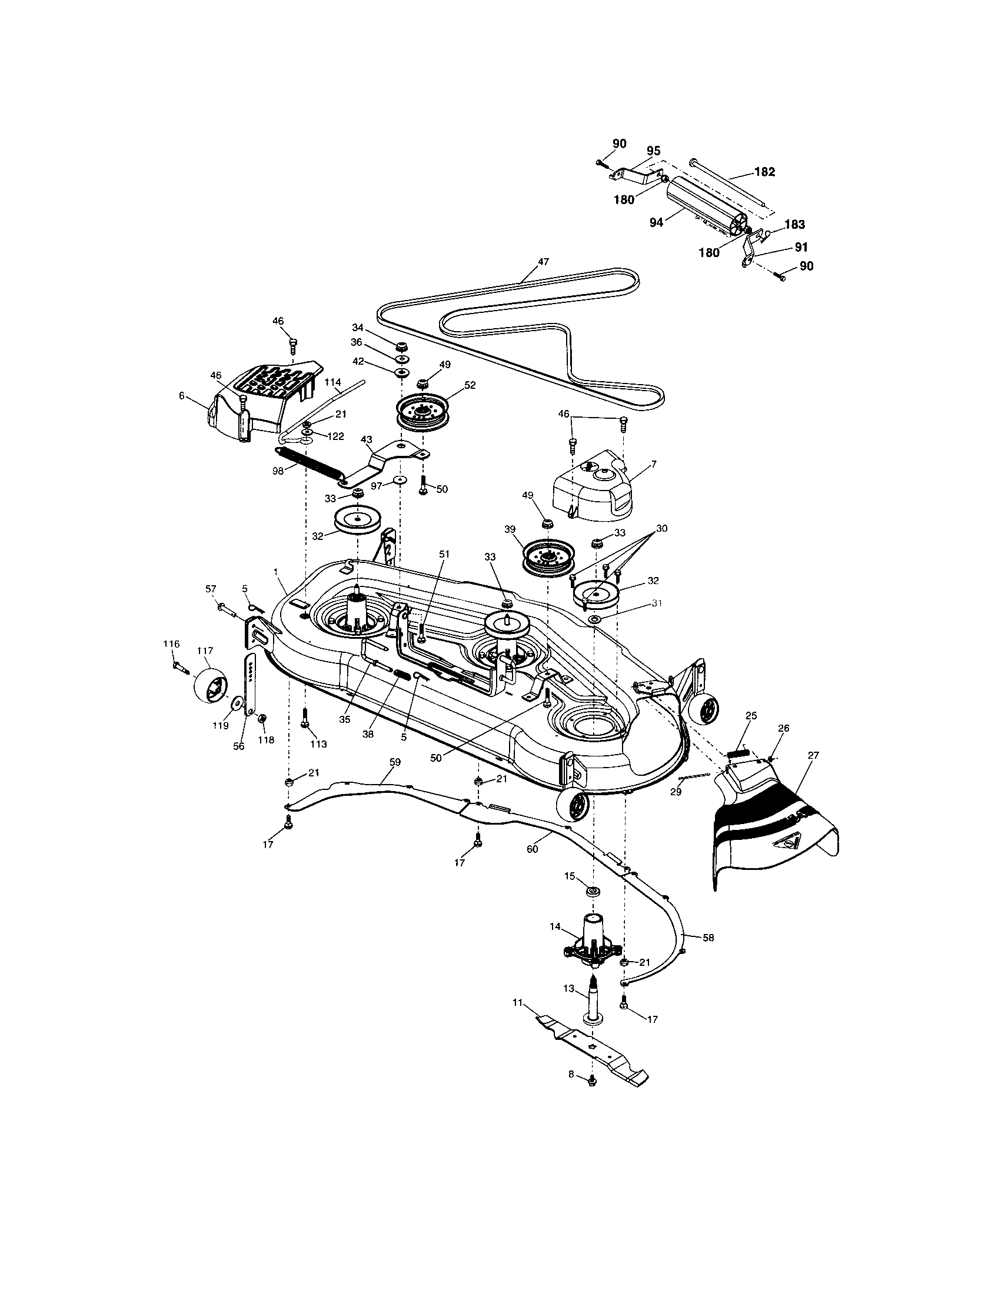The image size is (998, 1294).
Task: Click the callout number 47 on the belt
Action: coord(544,261)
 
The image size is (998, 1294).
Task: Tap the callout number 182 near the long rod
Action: coord(764,172)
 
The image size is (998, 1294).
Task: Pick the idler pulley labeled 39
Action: coord(547,556)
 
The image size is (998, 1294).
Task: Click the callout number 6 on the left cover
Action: coord(181,395)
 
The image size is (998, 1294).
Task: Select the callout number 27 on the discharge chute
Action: coord(813,755)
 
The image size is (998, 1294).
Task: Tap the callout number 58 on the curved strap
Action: coord(708,938)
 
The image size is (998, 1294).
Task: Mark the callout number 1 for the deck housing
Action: coord(275,571)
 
